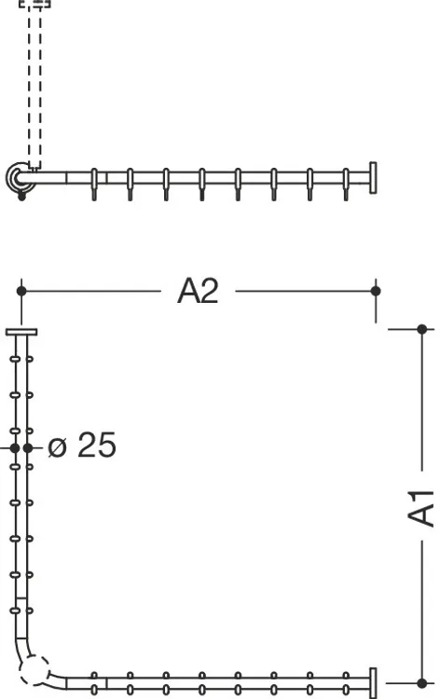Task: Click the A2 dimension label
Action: pos(198,291)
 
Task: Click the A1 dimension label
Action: pos(420,508)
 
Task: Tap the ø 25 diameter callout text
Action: pos(82,445)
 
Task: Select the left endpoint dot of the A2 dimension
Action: pos(21,291)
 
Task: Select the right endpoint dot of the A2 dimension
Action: pos(376,291)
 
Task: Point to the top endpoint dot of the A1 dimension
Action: pos(422,329)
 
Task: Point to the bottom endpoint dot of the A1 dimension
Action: pos(422,683)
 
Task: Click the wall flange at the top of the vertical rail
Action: pos(21,332)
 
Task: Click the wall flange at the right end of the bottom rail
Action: pos(373,683)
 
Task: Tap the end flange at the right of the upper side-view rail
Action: pos(373,178)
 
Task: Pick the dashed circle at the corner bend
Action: pos(34,670)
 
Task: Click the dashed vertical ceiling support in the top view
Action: pos(34,85)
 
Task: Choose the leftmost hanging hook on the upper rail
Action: pos(94,185)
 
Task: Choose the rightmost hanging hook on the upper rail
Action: pos(346,185)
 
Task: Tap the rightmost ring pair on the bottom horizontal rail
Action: pos(346,683)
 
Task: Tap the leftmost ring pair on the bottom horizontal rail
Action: pos(94,683)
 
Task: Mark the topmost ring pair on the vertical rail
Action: pos(21,359)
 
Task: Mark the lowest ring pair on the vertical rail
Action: pos(21,610)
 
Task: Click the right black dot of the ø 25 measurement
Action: pos(28,447)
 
